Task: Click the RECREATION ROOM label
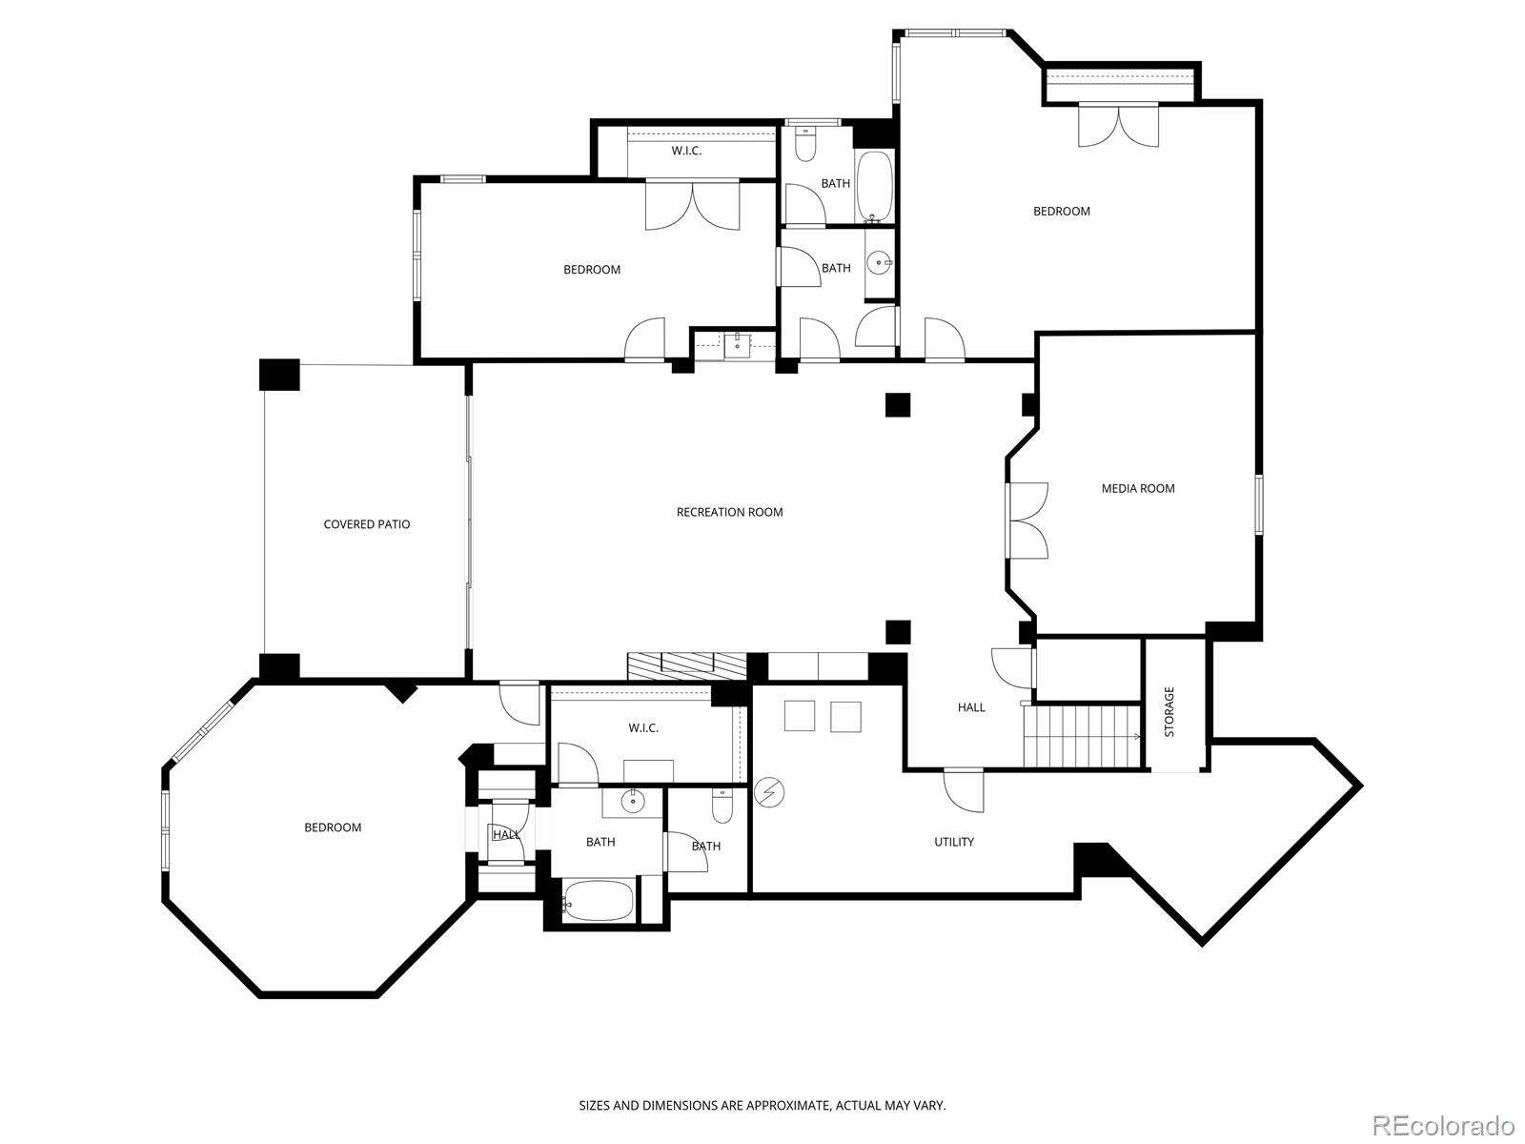click(x=729, y=512)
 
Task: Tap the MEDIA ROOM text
click(x=1138, y=488)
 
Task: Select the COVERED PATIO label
click(x=367, y=524)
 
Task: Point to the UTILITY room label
click(x=954, y=842)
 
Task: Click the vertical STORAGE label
click(x=1169, y=712)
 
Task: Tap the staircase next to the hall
click(x=1083, y=736)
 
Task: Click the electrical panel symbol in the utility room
click(x=769, y=792)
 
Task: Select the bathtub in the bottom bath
click(x=599, y=900)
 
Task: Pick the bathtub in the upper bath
click(x=874, y=187)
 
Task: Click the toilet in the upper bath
click(x=805, y=143)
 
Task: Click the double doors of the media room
click(x=1027, y=521)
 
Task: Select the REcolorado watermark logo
click(x=1444, y=1125)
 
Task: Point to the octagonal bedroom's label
click(x=333, y=827)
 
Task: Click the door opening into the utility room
click(x=964, y=789)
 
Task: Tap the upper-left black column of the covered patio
click(x=279, y=375)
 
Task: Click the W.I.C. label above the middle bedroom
click(x=686, y=151)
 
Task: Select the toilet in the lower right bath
click(x=722, y=807)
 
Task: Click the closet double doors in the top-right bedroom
click(x=1119, y=125)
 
